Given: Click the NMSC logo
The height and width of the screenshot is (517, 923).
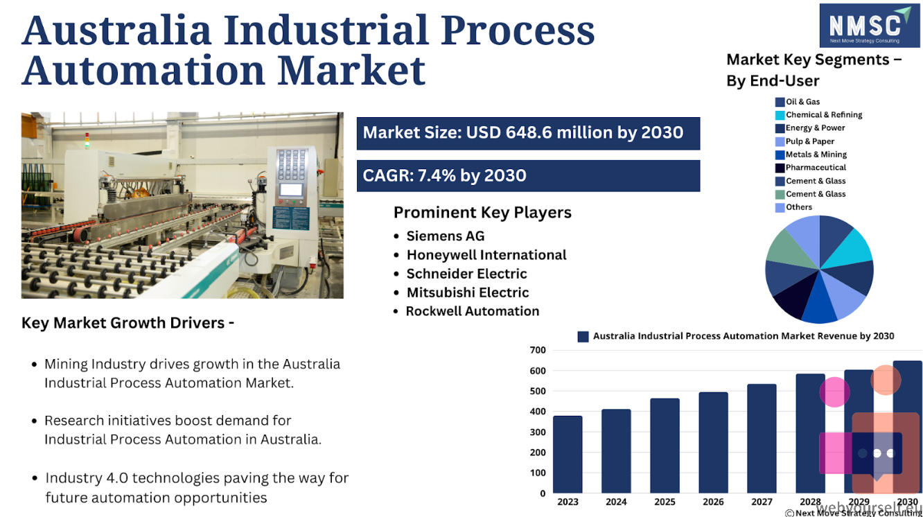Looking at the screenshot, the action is [870, 26].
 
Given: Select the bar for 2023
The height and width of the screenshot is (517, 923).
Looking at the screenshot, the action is [568, 455].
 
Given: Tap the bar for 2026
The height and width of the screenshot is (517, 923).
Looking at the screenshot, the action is [713, 442].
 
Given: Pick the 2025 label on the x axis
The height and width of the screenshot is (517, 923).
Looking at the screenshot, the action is [665, 502].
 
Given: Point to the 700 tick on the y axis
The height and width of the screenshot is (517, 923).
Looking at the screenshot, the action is [538, 350].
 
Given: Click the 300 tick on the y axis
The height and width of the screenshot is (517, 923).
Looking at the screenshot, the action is [538, 432].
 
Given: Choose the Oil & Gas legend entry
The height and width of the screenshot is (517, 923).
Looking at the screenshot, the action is [798, 102].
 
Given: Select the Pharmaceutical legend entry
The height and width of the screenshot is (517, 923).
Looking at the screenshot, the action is [811, 168].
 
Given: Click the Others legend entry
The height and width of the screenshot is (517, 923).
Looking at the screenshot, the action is [793, 207].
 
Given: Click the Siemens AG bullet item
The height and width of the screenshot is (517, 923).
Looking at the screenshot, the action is [439, 236].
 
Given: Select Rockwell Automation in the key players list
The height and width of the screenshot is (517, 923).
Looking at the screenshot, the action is [466, 311].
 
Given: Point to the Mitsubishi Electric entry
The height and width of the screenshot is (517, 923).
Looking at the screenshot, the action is [461, 292].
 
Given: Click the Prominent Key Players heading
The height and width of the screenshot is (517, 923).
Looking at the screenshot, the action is [482, 213].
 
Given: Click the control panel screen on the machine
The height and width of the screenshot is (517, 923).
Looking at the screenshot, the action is [292, 189].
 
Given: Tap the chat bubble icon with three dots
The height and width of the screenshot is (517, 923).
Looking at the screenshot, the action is [877, 453].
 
